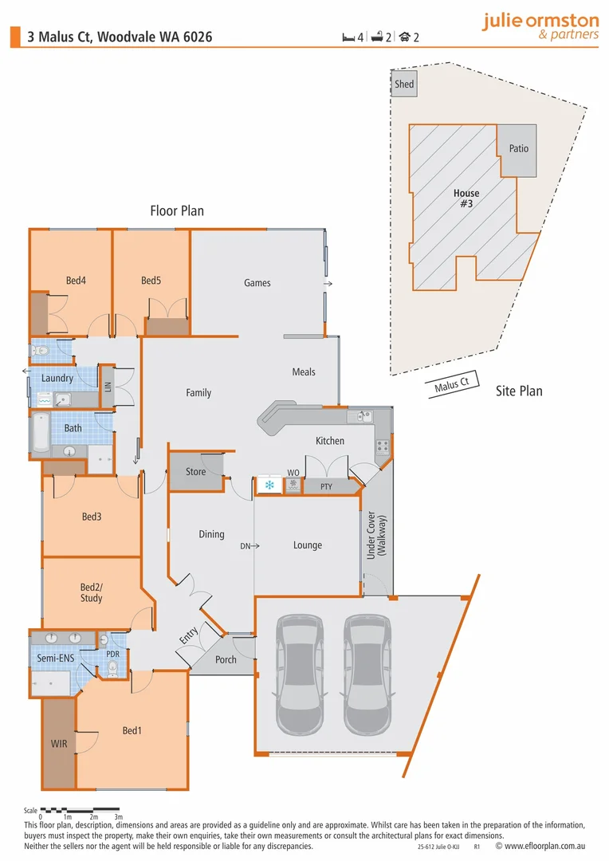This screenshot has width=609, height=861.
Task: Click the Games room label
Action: click(x=257, y=283)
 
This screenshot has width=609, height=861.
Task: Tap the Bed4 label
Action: click(x=76, y=280)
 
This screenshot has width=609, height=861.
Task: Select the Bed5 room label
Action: click(x=151, y=280)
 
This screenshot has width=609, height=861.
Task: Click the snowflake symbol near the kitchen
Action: click(x=269, y=485)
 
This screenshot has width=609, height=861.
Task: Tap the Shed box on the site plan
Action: click(x=404, y=84)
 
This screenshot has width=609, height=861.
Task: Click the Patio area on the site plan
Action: click(x=519, y=149)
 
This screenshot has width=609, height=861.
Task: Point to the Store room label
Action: click(x=195, y=472)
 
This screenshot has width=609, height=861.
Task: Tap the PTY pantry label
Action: click(x=326, y=486)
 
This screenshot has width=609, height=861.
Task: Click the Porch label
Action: click(x=226, y=659)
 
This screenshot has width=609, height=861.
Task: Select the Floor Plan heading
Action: click(x=177, y=211)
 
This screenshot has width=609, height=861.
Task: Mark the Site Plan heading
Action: click(x=519, y=391)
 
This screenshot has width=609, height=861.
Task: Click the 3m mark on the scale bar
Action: click(x=118, y=817)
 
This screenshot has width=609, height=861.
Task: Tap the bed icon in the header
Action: click(x=348, y=37)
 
